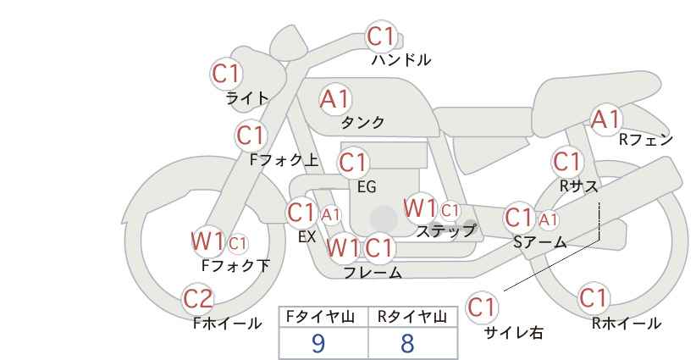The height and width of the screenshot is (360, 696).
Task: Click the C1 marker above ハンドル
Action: coord(382,36)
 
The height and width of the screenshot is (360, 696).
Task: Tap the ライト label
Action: coord(246,98)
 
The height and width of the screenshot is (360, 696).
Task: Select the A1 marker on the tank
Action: coord(335,99)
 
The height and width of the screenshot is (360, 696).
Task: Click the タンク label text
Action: coord(362,122)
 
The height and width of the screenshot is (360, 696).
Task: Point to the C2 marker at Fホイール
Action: coord(198,299)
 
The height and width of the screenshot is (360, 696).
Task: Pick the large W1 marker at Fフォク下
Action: coord(207,241)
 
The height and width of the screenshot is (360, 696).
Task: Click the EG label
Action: coord(367,187)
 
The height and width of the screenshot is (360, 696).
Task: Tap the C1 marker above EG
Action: coord(354,163)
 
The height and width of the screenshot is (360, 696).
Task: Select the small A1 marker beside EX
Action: coord(331,215)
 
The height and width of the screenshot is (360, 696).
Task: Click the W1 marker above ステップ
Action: coord(420,208)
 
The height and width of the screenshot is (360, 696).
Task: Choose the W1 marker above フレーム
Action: coord(343,247)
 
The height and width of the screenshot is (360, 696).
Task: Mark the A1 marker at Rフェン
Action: coord(605,119)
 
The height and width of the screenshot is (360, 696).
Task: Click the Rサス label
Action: coord(578,186)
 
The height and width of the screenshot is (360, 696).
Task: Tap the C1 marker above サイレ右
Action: coord(481,307)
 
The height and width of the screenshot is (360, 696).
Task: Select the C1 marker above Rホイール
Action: coord(594,298)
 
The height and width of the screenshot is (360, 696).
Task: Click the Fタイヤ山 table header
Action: coord(320,318)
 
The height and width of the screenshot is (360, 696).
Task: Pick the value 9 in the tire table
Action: coord(318,343)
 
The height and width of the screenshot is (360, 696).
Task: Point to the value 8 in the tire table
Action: coord(407,343)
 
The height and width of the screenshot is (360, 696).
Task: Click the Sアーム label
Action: coord(539,242)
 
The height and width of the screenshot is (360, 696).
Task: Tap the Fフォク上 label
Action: coord(284,160)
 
